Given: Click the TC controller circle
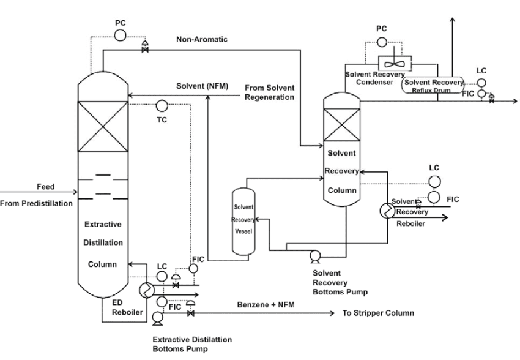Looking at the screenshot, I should click(x=162, y=105).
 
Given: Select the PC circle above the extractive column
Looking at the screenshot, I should click(x=120, y=35).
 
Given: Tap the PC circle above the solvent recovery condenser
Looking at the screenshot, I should click(x=382, y=41).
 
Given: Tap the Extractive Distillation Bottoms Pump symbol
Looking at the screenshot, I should click(x=157, y=316).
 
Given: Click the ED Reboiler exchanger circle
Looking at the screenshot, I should click(x=146, y=290).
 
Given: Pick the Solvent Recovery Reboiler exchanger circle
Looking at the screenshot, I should click(x=387, y=211).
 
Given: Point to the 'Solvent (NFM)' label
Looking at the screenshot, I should click(x=203, y=86).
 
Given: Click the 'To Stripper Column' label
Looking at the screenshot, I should click(x=376, y=313).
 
